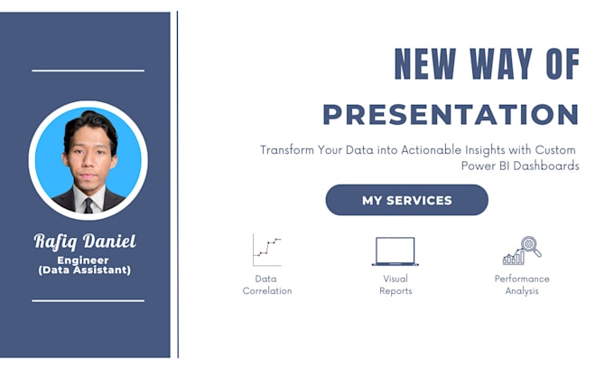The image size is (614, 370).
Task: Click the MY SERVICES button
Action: point(406,200)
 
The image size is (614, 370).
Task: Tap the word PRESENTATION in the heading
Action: point(451,115)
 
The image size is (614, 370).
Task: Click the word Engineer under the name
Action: point(88,260)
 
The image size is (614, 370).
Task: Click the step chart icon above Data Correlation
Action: point(266,250)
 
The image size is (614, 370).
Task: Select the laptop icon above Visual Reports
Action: point(395,251)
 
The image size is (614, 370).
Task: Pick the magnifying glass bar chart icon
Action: point(522,250)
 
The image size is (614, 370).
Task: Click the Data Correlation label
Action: point(266,285)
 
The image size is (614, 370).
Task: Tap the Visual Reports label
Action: point(395,285)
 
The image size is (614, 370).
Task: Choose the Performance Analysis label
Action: point(522,285)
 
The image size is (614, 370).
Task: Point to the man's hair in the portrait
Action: point(89,122)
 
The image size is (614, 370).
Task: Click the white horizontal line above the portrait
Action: point(88,70)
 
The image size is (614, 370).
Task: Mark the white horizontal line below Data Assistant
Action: point(88,300)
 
